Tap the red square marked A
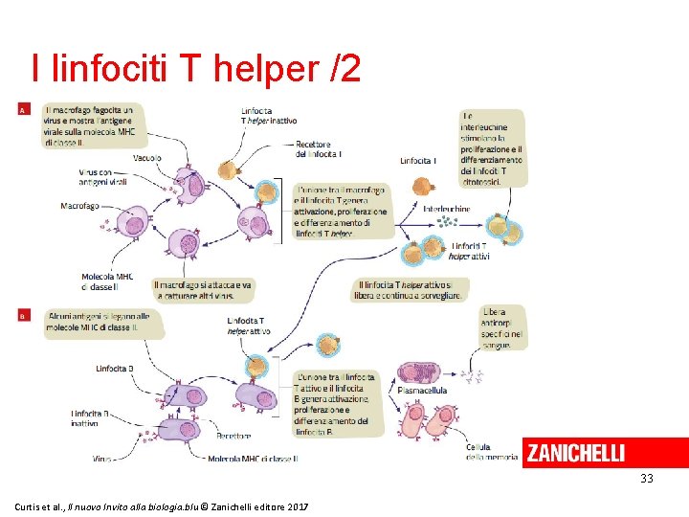point(23,111)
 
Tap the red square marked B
point(23,314)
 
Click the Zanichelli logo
point(575,452)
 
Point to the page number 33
point(647,478)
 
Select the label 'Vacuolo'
point(147,157)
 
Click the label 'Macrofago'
point(79,206)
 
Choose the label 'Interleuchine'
point(447,208)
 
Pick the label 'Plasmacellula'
point(421,392)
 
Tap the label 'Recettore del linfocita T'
point(320,149)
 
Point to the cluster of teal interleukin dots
point(445,223)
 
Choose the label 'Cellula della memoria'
point(478,452)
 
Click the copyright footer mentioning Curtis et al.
point(161,505)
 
